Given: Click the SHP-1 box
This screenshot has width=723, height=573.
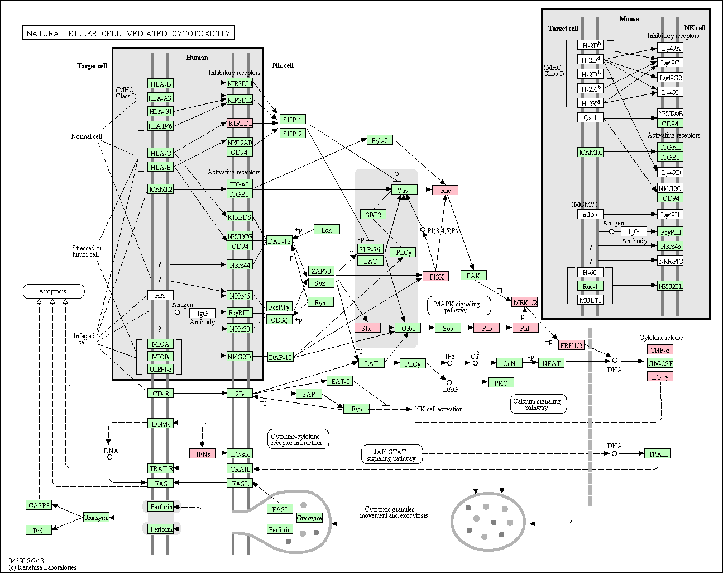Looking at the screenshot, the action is click(293, 120).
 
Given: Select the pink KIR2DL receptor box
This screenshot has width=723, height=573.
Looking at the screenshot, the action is click(240, 123).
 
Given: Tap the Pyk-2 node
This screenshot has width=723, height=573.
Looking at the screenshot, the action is click(380, 140).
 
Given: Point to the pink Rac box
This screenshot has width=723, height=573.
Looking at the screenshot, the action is click(445, 190).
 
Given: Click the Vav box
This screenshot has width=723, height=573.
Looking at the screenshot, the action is click(404, 190).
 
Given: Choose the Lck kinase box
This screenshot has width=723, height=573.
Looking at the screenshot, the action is click(327, 230).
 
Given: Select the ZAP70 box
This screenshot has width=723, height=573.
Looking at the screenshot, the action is click(321, 271).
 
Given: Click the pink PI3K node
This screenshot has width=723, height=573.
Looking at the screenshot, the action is click(435, 277).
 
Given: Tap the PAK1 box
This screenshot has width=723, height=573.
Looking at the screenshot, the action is click(473, 276).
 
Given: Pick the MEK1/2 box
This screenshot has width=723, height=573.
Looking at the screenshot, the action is click(524, 302).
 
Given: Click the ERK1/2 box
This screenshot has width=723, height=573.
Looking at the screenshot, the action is click(571, 345).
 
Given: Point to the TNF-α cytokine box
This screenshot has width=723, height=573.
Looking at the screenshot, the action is click(660, 350).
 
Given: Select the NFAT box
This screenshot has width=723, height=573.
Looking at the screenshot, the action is click(551, 363).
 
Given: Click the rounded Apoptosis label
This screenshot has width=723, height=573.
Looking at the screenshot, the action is click(54, 291).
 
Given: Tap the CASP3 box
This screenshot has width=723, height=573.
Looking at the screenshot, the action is click(39, 505).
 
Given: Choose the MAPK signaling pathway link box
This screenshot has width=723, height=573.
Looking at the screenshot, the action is click(459, 306).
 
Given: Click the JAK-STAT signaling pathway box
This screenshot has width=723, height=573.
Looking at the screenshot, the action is click(392, 454).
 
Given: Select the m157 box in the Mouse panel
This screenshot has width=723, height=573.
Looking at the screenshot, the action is click(590, 214).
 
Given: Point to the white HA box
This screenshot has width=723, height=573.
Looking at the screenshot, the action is click(160, 295).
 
